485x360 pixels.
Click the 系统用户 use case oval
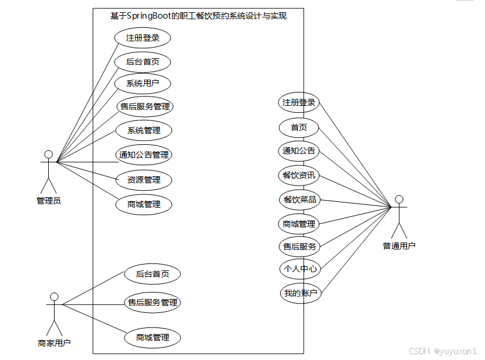(x=143, y=84)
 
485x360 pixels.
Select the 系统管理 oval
(x=144, y=130)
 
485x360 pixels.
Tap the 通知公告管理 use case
(x=144, y=155)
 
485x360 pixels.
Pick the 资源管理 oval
(x=144, y=180)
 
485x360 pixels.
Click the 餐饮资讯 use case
(x=299, y=175)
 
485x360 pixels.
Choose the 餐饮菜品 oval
(x=299, y=200)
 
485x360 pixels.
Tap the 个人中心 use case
(x=299, y=269)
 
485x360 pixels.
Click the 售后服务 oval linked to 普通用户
(x=299, y=247)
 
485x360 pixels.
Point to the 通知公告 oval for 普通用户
(x=299, y=151)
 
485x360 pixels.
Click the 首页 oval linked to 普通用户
(x=299, y=127)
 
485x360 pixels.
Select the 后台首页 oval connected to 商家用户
(x=152, y=274)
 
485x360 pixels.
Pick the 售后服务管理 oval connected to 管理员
(x=144, y=106)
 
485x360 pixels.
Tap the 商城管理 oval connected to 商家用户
(x=152, y=337)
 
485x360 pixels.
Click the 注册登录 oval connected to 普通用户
(x=299, y=103)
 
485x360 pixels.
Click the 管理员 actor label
(x=49, y=201)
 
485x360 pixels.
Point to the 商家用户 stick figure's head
(x=54, y=297)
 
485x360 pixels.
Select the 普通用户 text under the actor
(x=399, y=246)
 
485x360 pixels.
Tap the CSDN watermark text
(x=419, y=351)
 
